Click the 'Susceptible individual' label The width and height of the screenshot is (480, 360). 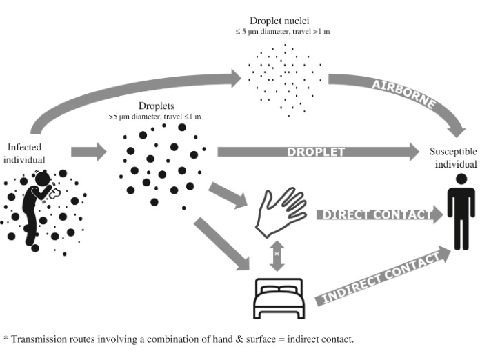(452, 157)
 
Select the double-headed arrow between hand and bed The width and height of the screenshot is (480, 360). (277, 254)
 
